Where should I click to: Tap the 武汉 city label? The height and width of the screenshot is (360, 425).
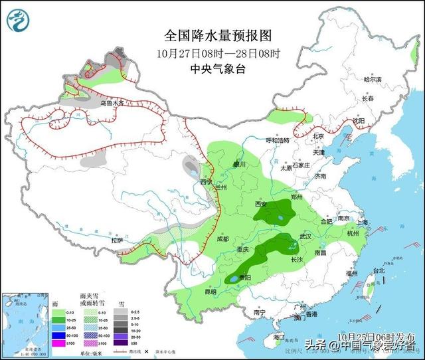click(305, 236)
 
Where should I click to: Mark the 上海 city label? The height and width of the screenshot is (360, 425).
click(362, 223)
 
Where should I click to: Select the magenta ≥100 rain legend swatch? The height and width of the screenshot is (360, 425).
click(58, 343)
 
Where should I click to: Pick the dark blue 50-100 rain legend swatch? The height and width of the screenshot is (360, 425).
click(58, 335)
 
